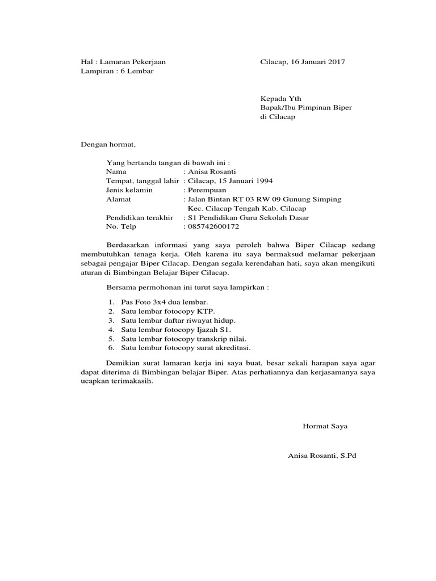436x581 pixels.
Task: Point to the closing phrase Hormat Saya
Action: [325, 426]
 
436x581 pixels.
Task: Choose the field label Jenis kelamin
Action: [129, 190]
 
